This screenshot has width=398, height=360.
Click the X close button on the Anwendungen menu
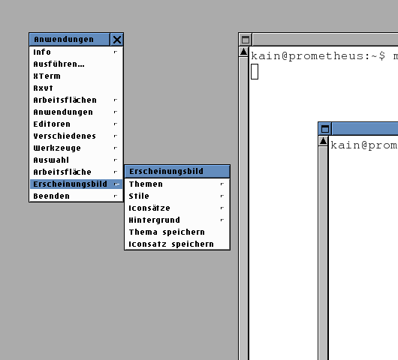(x=117, y=40)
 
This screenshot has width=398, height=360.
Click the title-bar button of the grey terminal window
(x=246, y=40)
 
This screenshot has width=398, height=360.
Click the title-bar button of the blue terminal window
(x=325, y=129)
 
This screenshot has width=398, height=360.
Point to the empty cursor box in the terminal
(x=255, y=72)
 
